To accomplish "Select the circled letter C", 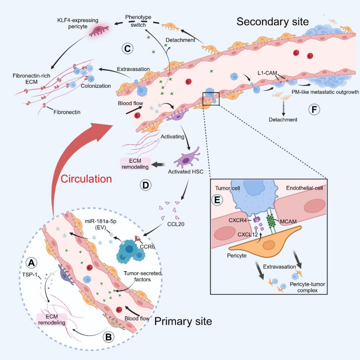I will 127,48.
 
